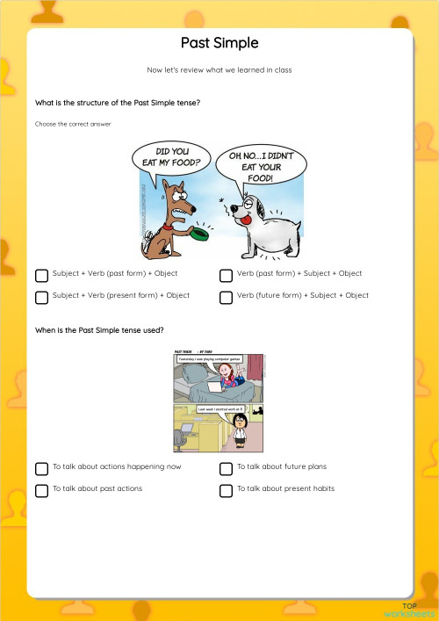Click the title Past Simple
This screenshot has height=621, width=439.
219,43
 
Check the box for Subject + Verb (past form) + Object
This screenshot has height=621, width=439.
41,275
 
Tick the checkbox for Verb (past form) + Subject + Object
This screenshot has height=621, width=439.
226,275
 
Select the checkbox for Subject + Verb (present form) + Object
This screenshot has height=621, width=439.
41,297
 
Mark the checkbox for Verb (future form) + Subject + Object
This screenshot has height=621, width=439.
226,297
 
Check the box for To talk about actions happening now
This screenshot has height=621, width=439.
41,468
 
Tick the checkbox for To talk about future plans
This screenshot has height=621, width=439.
226,468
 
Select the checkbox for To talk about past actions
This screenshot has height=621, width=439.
41,490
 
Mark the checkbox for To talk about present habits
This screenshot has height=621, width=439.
226,490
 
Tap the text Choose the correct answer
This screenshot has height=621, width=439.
73,124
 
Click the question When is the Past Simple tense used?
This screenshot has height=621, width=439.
98,330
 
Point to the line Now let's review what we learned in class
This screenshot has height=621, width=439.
219,69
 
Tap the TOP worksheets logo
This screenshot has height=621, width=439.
409,610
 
